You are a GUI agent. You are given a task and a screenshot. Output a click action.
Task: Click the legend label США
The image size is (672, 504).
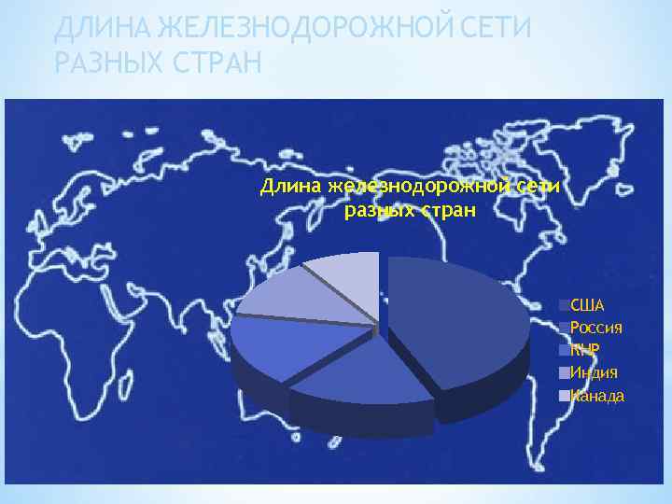pos(587,305)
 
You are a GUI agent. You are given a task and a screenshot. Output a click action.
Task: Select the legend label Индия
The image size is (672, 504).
pos(594,372)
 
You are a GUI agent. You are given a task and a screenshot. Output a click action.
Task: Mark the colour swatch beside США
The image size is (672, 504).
pos(564,305)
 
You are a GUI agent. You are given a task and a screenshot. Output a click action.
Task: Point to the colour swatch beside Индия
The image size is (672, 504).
pos(564,372)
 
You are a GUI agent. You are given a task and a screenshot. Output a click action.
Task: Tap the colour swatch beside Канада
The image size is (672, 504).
pos(564,396)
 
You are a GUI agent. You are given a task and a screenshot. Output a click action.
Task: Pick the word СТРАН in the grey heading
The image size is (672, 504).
pos(218,63)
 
